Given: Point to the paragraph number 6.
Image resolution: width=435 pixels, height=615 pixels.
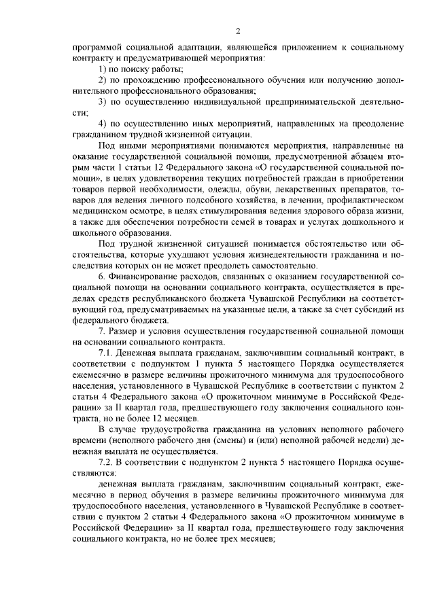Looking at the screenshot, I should coord(101,276).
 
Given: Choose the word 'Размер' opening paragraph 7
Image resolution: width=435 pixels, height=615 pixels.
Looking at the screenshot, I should coord(126,330).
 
